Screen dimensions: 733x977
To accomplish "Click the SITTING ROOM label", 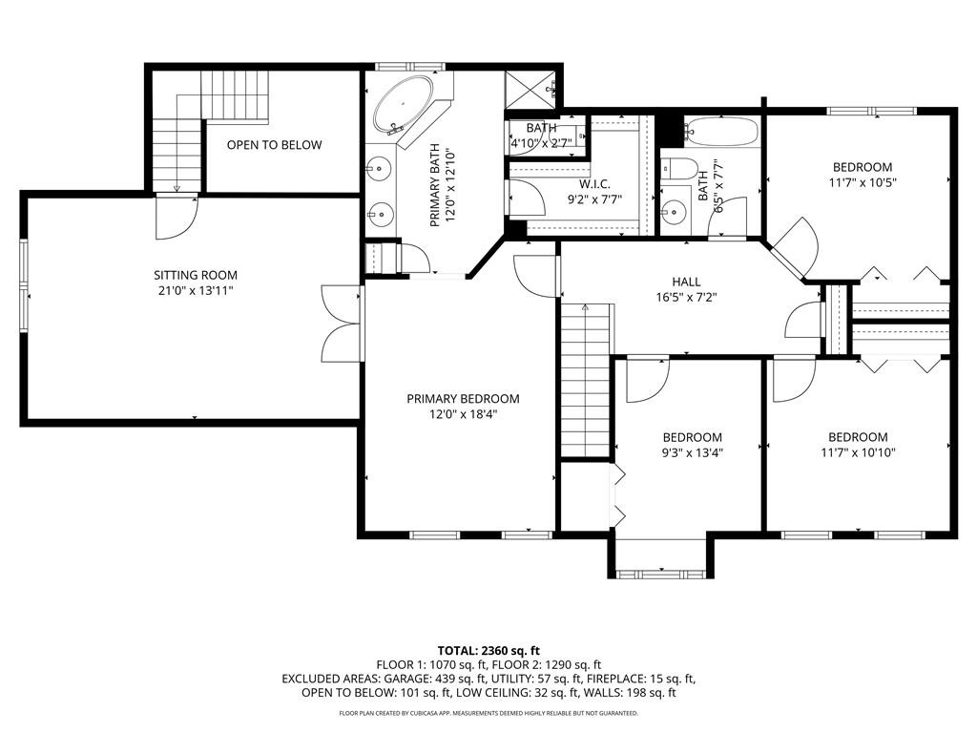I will tap(196, 275).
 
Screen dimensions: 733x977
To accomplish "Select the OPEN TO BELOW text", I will tap(274, 145).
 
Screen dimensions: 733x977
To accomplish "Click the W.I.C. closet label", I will tap(594, 183).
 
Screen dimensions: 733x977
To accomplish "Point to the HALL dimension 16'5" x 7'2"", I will tap(686, 297).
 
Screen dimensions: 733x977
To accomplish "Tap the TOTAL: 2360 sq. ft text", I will tap(488, 650).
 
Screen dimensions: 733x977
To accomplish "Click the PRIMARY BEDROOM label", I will tap(463, 399).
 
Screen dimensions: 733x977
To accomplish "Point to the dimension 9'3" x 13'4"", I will tap(693, 453).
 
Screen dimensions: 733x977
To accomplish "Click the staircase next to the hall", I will tap(585, 382).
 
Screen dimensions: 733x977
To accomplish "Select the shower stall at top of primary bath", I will tap(530, 90).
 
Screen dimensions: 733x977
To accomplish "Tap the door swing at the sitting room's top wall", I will tap(177, 216).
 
